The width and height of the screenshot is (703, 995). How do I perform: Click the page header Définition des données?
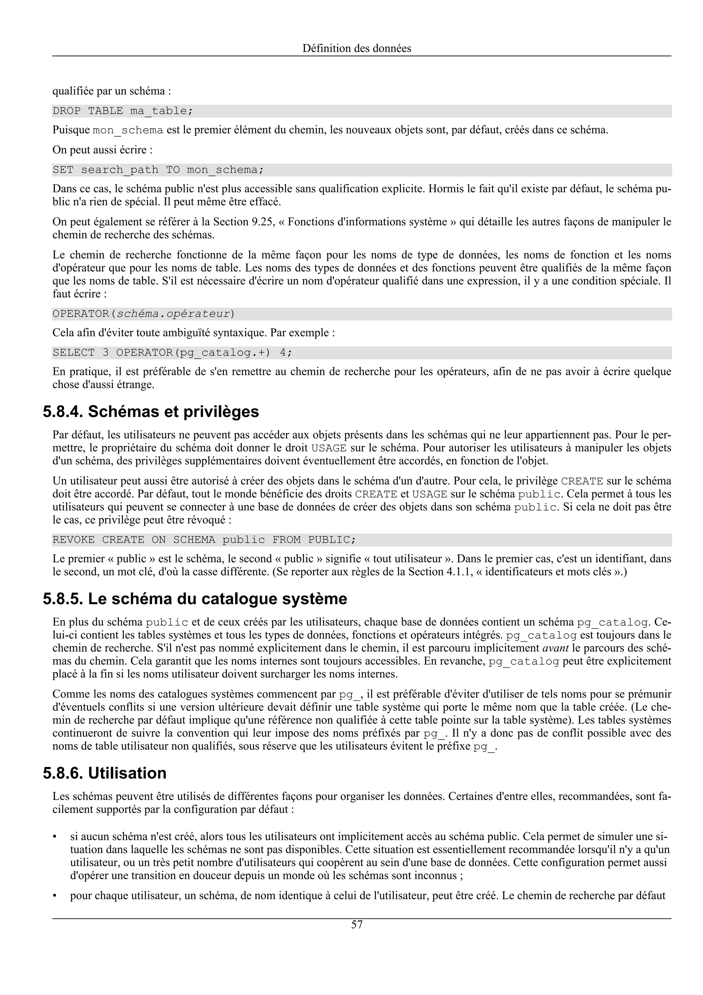point(357,48)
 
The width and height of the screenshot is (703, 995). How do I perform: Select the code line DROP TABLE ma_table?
point(123,111)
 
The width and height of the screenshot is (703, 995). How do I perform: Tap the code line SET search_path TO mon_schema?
point(158,170)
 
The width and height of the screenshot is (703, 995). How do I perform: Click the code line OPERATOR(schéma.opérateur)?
point(143,314)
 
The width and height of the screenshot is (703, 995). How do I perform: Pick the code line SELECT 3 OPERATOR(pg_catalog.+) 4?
point(172,353)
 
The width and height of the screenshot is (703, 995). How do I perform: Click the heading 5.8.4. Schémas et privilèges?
point(151,411)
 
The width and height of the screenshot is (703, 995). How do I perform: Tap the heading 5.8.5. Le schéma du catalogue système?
point(195,598)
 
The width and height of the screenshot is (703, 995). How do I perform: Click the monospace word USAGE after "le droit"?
point(329,448)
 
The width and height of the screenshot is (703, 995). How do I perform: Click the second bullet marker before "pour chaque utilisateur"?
point(55,896)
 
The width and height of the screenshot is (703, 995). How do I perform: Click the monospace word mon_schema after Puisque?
point(128,130)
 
